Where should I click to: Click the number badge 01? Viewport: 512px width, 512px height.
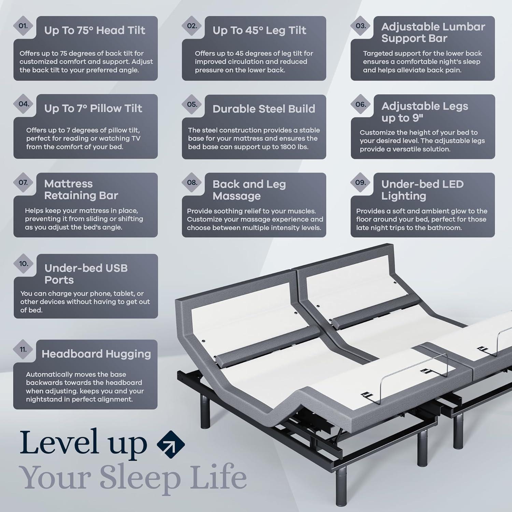point(23,26)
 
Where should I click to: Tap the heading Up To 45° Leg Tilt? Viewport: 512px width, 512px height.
point(259,30)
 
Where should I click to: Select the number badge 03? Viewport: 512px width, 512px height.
point(360,26)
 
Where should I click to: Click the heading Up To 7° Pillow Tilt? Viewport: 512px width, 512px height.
point(93,109)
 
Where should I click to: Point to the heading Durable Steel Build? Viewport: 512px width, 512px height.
point(264,109)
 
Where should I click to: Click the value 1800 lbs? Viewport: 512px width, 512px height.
point(294,147)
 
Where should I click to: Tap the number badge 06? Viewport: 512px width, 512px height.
point(360,104)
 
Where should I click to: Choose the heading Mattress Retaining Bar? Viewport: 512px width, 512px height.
point(81,189)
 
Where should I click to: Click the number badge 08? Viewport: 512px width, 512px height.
point(192,183)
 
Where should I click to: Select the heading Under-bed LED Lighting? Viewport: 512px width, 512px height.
point(422,190)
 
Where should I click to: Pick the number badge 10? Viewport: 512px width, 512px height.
point(24,264)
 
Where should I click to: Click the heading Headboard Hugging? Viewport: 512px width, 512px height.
point(96,354)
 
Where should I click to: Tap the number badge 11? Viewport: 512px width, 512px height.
point(23,350)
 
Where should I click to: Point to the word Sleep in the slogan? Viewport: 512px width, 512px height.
point(140,477)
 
